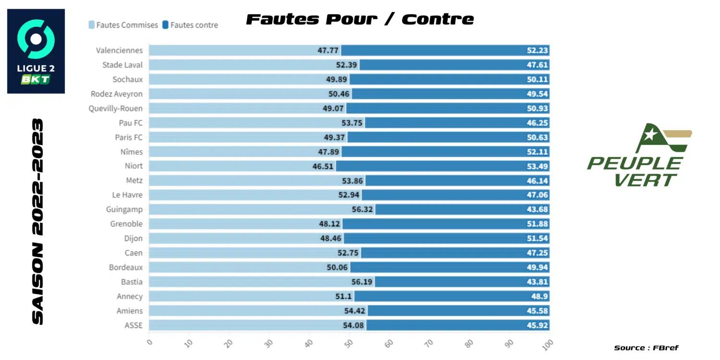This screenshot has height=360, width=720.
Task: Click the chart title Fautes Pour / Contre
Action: [360, 19]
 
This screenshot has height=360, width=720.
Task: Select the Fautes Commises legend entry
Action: [123, 25]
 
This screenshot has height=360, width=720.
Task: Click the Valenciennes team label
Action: [119, 50]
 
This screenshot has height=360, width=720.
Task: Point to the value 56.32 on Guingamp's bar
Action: [362, 209]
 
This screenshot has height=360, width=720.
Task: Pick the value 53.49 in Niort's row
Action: [538, 166]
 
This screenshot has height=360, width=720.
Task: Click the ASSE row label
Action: [133, 325]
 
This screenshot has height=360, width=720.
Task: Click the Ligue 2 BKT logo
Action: [36, 51]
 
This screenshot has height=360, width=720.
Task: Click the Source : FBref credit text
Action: [646, 348]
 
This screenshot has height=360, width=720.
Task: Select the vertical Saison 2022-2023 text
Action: [37, 221]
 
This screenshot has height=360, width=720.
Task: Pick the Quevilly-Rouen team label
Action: [116, 108]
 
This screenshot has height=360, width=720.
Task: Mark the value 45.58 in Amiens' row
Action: [538, 311]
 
